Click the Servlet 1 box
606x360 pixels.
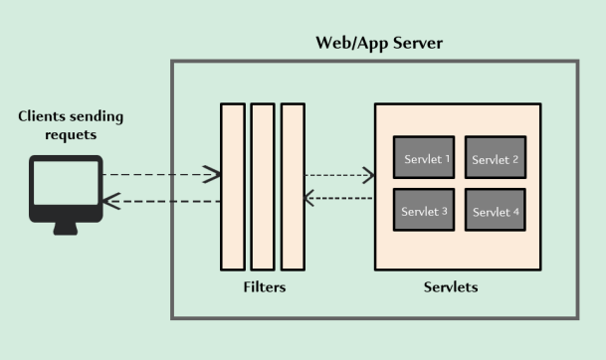424,157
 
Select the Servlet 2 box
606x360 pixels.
496,157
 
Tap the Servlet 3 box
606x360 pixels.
424,210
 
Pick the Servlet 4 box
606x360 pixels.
496,210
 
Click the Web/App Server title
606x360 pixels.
379,43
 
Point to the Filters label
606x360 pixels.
265,287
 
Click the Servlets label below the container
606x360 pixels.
451,287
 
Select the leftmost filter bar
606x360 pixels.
233,187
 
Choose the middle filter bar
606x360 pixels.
263,187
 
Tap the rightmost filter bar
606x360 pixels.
293,187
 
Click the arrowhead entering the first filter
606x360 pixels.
212,175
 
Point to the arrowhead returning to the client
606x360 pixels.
111,201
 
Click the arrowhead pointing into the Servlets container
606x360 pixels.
368,175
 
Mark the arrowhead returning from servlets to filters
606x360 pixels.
309,198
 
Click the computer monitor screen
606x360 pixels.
66,183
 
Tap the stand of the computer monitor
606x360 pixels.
66,229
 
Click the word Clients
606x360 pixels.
42,116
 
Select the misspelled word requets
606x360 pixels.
71,135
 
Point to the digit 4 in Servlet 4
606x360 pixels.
516,212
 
